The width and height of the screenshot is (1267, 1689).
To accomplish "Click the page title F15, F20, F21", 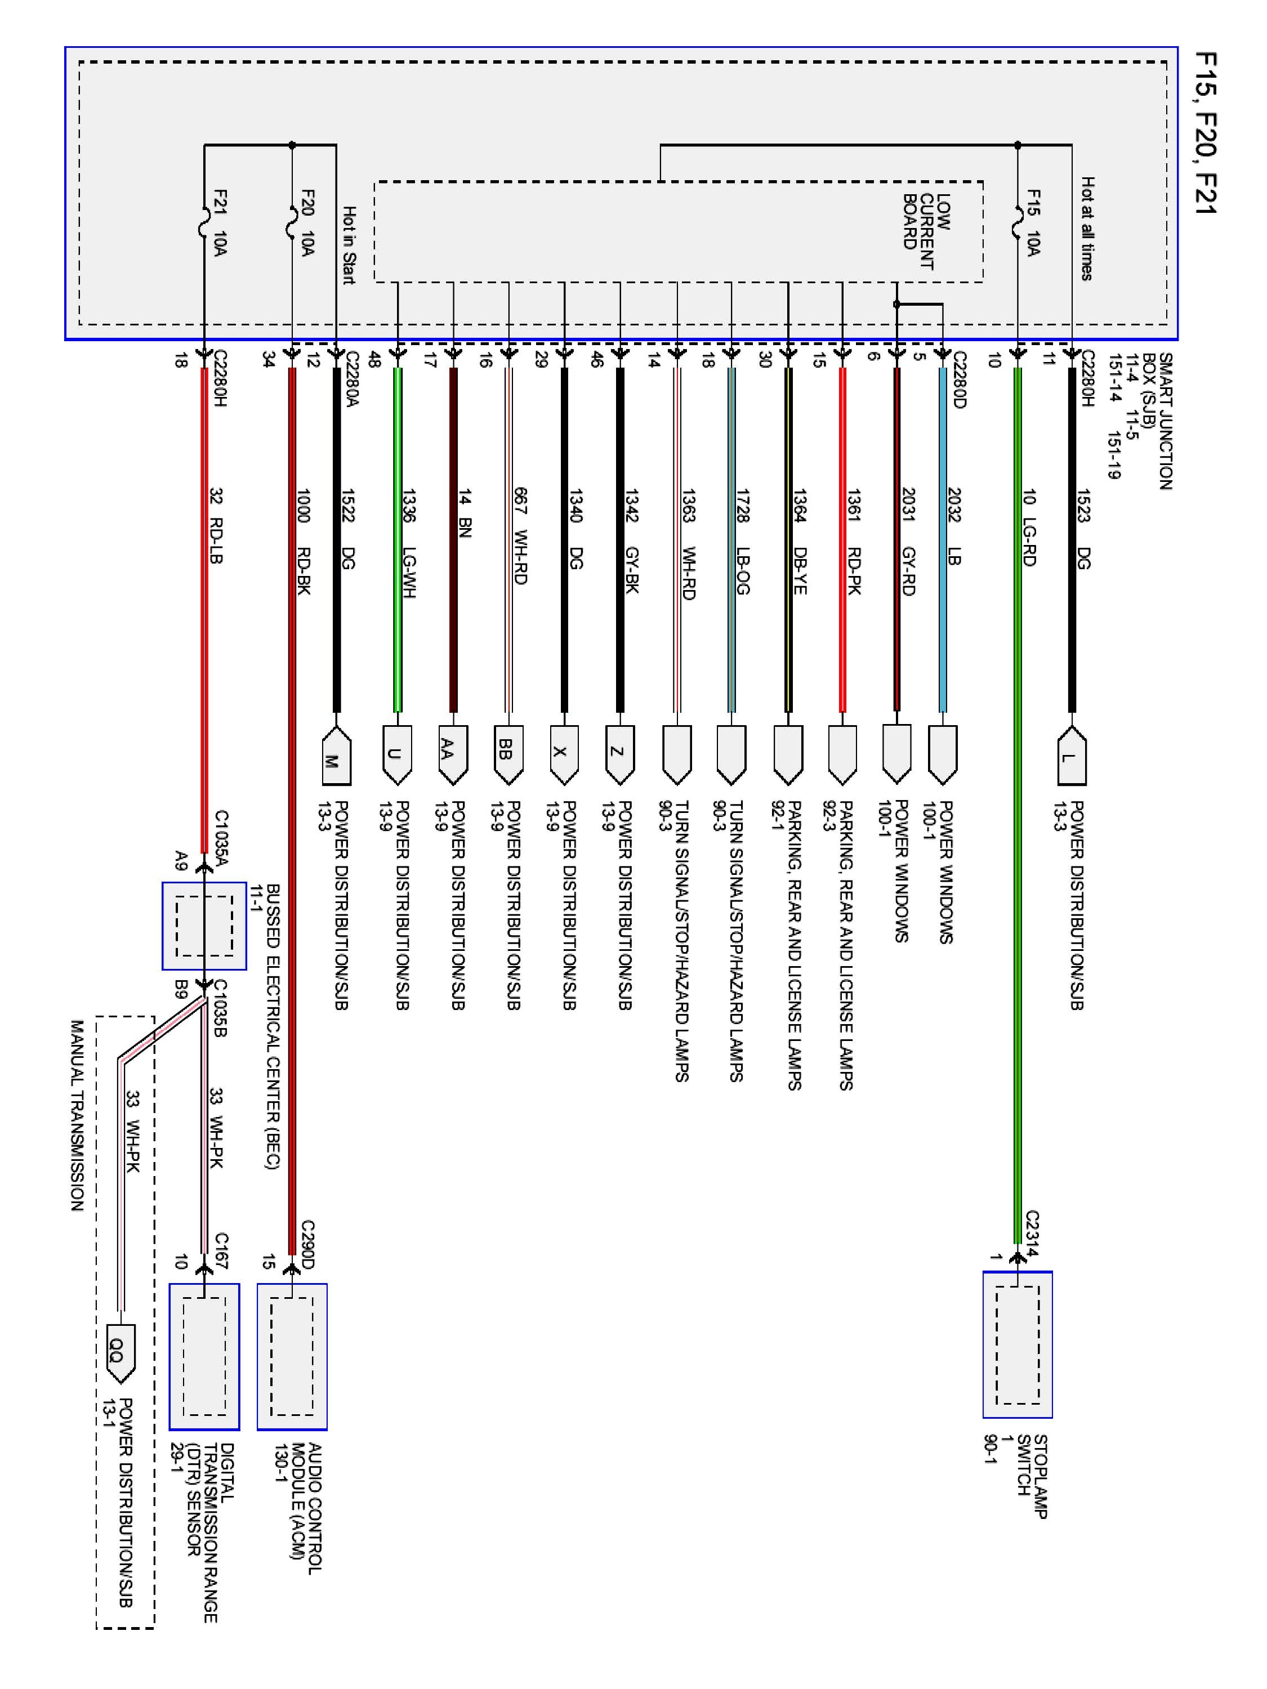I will tap(1205, 133).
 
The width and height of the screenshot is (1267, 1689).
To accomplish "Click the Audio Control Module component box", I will tap(292, 1356).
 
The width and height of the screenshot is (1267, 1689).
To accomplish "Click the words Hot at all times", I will tap(1087, 229).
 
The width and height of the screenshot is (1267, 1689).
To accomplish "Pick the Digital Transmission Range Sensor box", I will tap(204, 1356).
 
